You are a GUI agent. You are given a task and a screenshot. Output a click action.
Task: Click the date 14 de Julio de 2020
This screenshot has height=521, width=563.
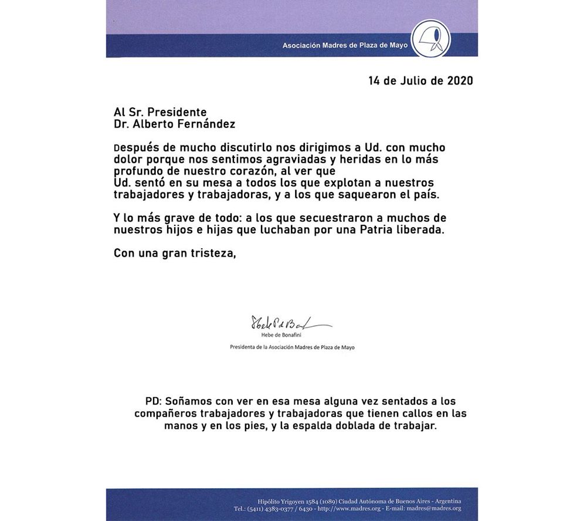coord(420,80)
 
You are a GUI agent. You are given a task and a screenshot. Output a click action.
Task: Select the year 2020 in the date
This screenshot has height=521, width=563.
coord(460,80)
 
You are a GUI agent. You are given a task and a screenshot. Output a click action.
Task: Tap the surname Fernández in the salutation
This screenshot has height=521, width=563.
coord(201,124)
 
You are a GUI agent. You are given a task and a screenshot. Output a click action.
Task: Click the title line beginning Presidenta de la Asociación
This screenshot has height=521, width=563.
coord(291,347)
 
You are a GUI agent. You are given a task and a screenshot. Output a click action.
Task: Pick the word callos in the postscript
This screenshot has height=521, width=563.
coord(402,414)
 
